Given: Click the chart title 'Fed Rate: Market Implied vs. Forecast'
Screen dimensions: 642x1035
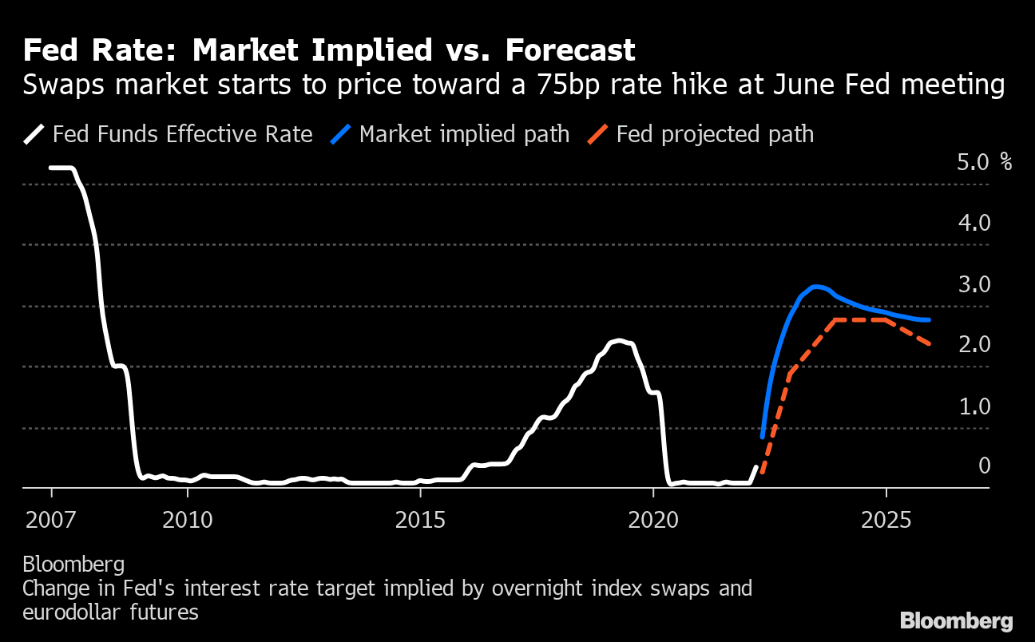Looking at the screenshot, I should [329, 51].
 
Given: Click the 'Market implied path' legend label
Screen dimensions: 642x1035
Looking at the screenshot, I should [464, 133].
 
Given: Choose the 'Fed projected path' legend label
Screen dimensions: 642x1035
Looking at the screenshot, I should [715, 133].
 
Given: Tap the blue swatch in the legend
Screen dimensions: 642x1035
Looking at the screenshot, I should [341, 133].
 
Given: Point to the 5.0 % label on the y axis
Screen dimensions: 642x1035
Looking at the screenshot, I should [983, 162].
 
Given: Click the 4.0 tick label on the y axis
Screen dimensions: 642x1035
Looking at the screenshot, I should [974, 223].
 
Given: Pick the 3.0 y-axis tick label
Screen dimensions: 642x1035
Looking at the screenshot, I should [974, 284].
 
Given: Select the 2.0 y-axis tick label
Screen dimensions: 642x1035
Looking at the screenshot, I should [974, 345].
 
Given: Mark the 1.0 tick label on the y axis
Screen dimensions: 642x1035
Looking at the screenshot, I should [974, 406].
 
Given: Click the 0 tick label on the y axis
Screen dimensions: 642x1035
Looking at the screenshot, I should [984, 466].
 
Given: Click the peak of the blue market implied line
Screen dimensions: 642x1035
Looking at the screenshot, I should [815, 287].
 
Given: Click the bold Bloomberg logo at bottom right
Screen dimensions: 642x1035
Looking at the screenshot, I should [956, 620].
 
